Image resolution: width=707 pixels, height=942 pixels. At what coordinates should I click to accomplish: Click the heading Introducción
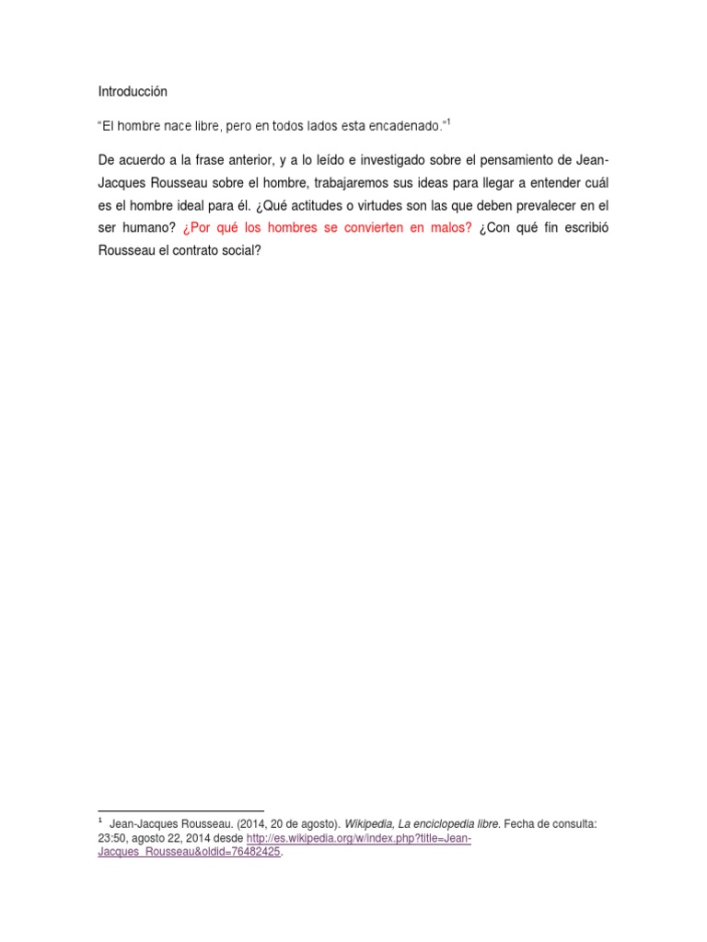coord(133,92)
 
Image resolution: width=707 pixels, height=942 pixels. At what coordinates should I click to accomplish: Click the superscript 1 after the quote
coord(448,121)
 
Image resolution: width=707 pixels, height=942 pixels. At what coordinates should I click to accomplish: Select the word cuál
coord(596,182)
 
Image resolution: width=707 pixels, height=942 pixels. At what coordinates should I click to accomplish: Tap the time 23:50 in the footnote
coord(111,839)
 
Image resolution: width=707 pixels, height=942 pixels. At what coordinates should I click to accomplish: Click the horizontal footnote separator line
coord(180,810)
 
